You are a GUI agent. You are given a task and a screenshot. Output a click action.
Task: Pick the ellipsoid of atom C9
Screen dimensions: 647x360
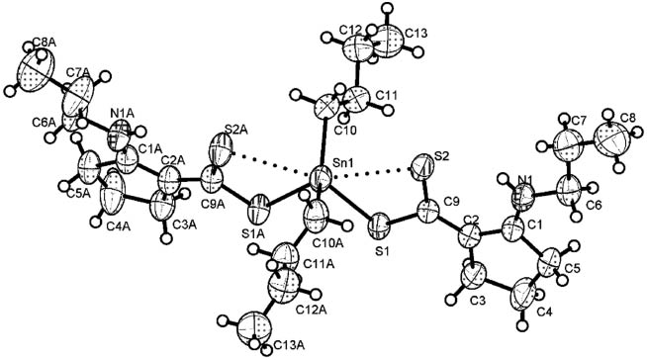428,211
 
